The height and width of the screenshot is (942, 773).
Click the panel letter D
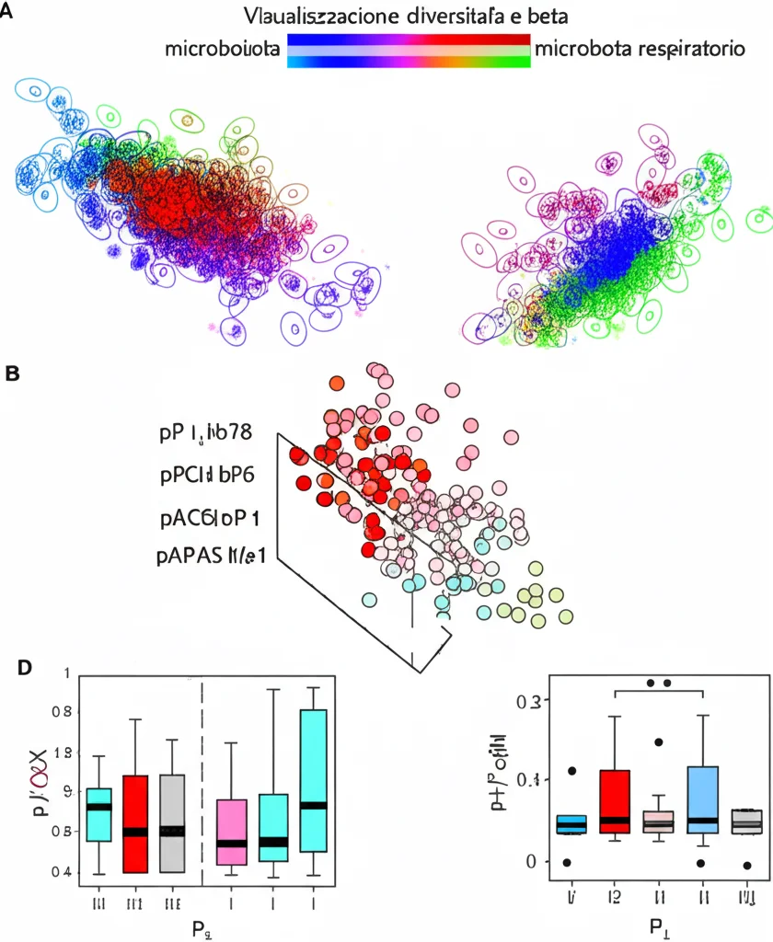point(28,666)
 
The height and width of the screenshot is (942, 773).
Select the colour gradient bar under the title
point(409,51)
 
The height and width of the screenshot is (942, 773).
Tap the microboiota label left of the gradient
point(223,50)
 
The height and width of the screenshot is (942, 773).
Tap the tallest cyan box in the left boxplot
point(315,781)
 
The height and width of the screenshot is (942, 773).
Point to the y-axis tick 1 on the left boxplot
point(65,673)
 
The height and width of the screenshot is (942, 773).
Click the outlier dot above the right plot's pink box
point(659,741)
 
